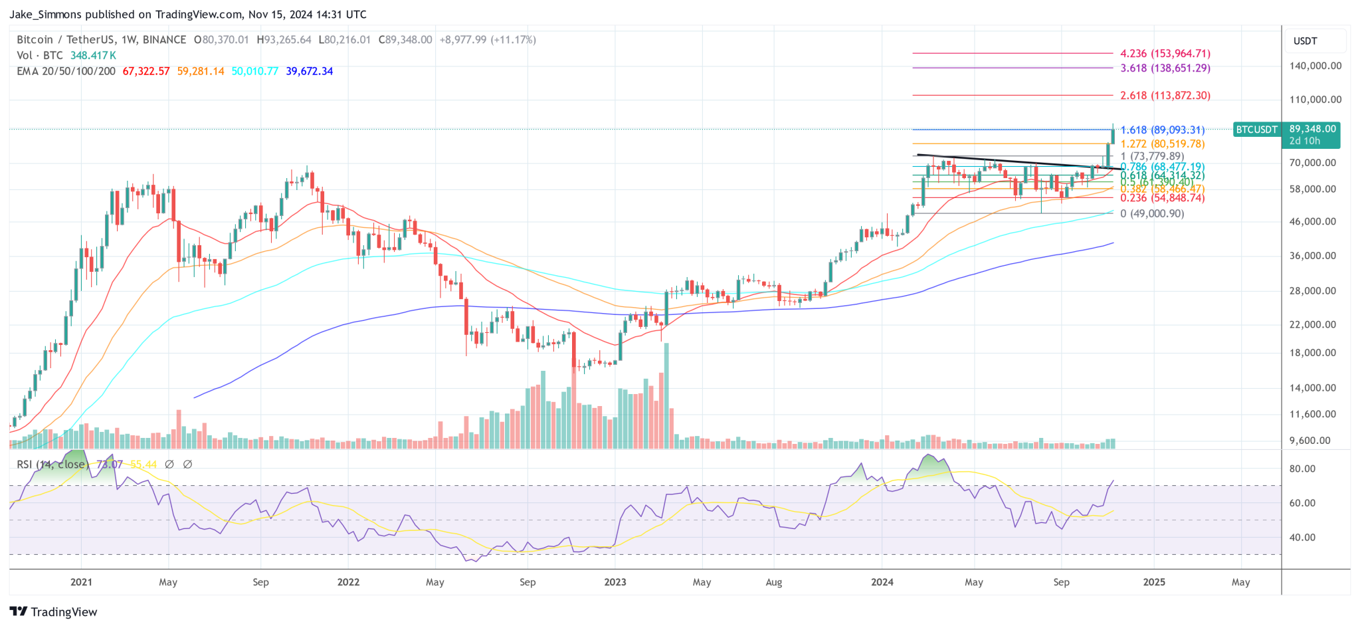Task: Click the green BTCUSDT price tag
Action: tap(1256, 130)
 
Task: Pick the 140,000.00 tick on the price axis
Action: tap(1315, 66)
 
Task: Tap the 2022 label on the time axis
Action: tap(348, 582)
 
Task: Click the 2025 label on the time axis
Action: tap(1153, 582)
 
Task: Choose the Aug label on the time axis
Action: tap(773, 582)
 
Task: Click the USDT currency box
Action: tap(1305, 41)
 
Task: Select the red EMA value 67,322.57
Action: tap(146, 71)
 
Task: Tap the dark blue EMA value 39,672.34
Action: tap(309, 71)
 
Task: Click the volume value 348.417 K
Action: tap(93, 55)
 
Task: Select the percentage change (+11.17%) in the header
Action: tap(513, 40)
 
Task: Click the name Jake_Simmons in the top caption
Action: tap(46, 14)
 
